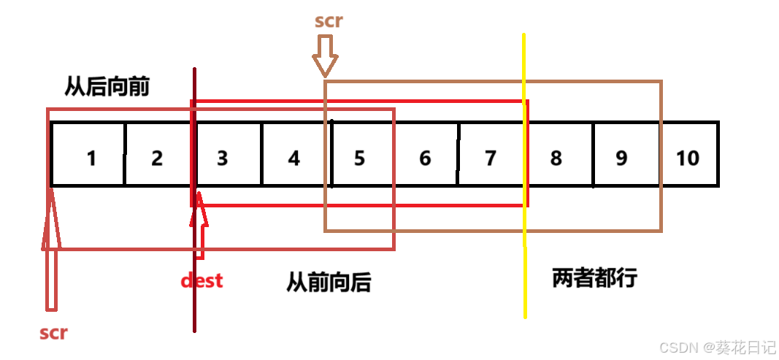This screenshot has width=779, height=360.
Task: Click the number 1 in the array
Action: [x=91, y=158]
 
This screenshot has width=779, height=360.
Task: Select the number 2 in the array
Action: [x=157, y=158]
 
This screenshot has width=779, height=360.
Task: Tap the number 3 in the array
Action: [x=223, y=158]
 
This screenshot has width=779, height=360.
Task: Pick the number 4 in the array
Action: [x=293, y=158]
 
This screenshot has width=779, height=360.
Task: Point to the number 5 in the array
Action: [x=359, y=158]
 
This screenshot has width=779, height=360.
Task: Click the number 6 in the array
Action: [x=425, y=158]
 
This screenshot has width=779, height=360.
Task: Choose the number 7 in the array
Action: [x=491, y=158]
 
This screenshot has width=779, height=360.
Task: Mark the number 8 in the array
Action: [x=556, y=158]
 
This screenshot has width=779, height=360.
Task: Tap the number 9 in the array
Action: [x=621, y=158]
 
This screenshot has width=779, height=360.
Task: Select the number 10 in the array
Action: [x=688, y=158]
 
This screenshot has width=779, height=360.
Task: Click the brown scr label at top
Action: [x=329, y=20]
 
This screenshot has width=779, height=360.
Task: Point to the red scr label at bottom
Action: [x=53, y=333]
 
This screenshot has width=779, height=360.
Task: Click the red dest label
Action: [x=202, y=280]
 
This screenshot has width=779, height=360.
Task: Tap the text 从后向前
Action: [x=107, y=87]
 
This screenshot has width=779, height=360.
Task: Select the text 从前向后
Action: [x=329, y=282]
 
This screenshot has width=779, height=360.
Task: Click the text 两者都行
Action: [x=595, y=277]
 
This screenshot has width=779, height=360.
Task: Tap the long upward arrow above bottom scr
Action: [x=51, y=248]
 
